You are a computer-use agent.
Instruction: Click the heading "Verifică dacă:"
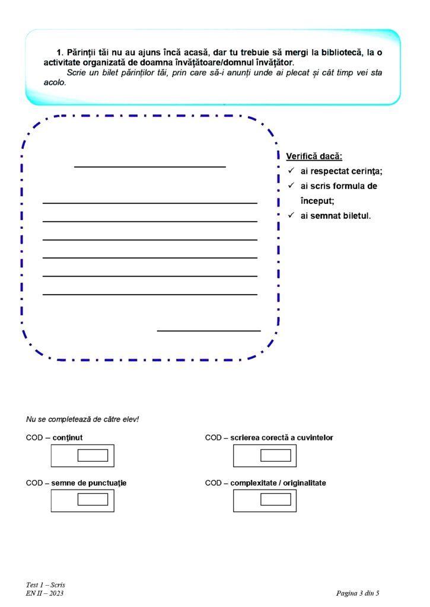[x=314, y=157]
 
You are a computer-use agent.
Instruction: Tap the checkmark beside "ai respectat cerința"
[x=291, y=171]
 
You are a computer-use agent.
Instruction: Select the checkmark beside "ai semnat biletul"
[x=291, y=215]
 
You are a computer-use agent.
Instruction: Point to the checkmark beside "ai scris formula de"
[x=291, y=186]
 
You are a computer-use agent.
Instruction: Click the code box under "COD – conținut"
[x=93, y=455]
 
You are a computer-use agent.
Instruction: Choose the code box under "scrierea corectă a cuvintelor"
[x=275, y=455]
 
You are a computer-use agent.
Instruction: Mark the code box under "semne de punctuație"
[x=93, y=500]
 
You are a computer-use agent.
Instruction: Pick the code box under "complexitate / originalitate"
[x=275, y=500]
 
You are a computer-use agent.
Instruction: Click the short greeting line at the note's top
[x=149, y=167]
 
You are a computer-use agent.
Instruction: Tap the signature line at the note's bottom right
[x=208, y=330]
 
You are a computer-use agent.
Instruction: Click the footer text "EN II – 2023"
[x=44, y=593]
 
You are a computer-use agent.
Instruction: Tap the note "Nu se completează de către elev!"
[x=82, y=419]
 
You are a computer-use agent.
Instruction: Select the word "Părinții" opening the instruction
[x=83, y=53]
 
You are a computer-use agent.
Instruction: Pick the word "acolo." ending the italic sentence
[x=55, y=82]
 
